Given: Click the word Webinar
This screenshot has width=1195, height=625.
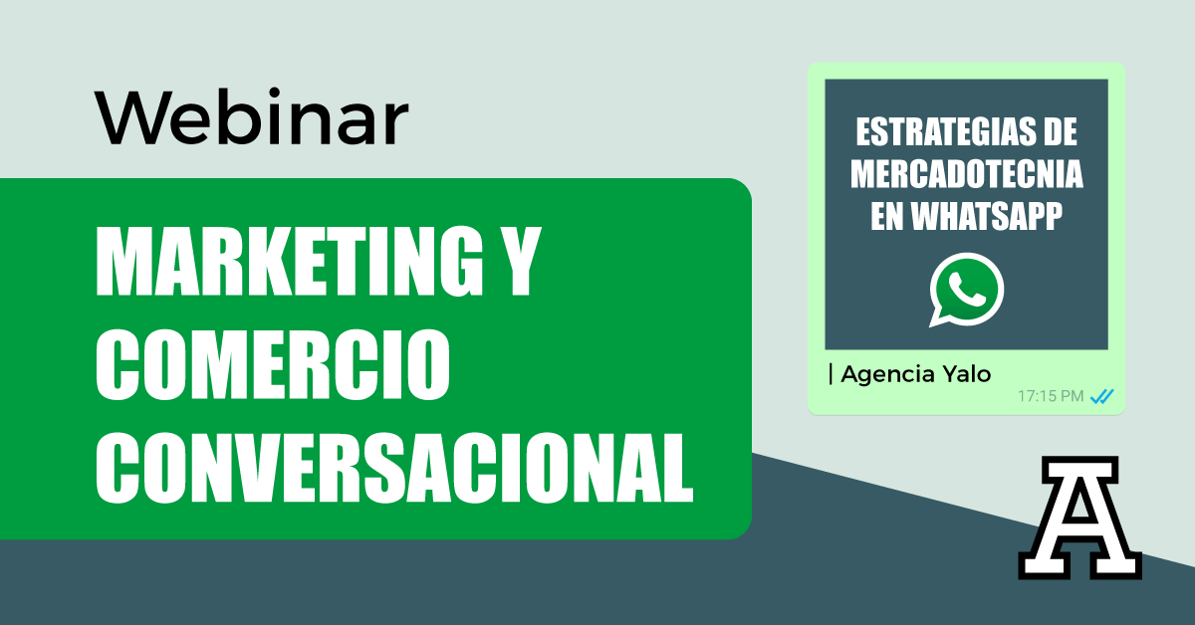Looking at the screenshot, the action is [252, 116].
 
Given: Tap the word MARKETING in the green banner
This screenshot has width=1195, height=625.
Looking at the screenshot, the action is [289, 261].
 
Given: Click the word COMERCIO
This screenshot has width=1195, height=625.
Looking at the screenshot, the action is [273, 364].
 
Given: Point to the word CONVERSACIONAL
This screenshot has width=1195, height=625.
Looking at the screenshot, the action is [394, 468].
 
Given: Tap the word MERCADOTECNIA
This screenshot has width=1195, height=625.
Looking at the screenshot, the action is [966, 174].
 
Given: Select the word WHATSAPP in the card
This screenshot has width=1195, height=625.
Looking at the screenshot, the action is [987, 216].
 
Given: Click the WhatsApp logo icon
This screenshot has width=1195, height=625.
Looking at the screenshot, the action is [966, 290].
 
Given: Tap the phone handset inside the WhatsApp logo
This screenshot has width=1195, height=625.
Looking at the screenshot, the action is [967, 290].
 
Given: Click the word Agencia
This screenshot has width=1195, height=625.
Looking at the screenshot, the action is [887, 375].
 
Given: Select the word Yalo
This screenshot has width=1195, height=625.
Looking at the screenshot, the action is [967, 374].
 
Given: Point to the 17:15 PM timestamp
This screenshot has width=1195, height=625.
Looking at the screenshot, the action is [1051, 396].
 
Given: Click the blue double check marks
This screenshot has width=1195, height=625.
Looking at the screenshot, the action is [1101, 396].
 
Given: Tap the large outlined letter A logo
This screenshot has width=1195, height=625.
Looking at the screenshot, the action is [1079, 518].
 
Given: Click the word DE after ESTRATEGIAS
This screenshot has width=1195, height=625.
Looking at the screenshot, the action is [1060, 132].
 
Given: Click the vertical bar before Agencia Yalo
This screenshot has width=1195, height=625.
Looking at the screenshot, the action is [831, 374].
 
